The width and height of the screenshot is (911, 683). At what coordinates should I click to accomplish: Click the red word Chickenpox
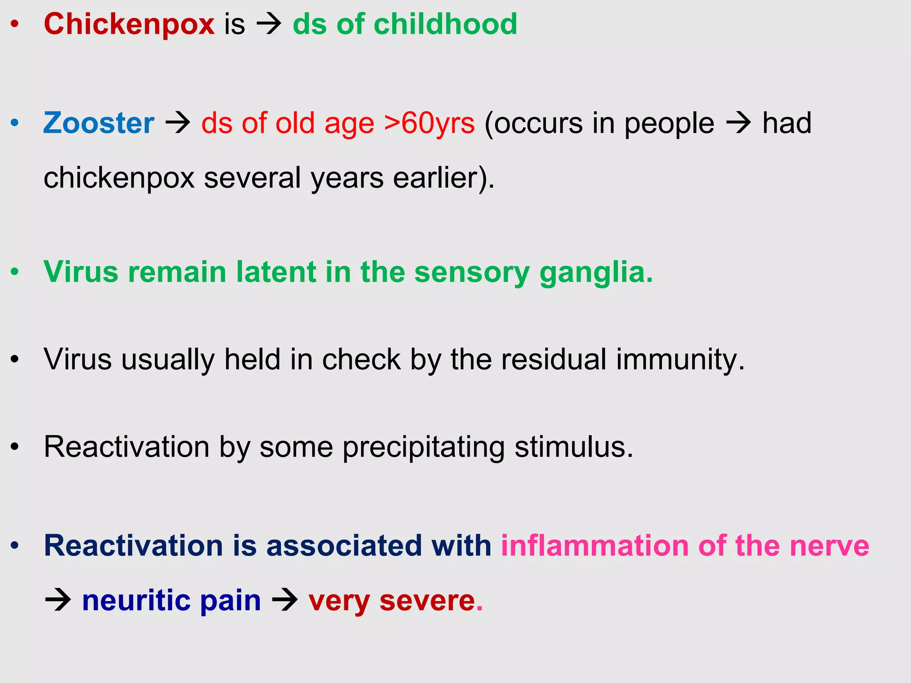tap(129, 24)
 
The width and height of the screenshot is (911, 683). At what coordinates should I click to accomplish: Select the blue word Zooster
tap(99, 123)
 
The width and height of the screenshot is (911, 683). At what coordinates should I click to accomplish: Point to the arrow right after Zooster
tap(177, 124)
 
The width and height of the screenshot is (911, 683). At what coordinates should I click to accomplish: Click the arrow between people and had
tap(738, 124)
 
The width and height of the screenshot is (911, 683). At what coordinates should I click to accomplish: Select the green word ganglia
tap(596, 272)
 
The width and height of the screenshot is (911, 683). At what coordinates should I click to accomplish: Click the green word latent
tap(275, 272)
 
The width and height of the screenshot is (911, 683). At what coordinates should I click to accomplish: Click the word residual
tap(553, 359)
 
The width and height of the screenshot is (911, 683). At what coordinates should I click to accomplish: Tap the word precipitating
tap(423, 447)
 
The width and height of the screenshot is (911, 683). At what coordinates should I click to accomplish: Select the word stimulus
tap(573, 447)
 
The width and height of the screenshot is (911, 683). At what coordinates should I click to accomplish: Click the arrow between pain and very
tap(285, 601)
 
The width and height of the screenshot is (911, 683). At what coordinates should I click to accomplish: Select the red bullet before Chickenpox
tap(15, 24)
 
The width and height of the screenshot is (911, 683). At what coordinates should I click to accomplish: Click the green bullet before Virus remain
tap(15, 272)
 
